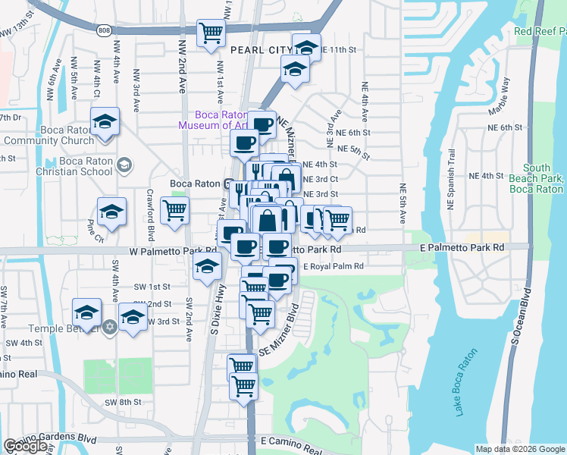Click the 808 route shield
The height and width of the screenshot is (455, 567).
[x=104, y=30]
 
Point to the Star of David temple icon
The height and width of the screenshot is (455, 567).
[x=108, y=327]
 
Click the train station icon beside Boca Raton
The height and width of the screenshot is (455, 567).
[x=227, y=184]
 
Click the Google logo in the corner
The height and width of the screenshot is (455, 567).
[x=25, y=447]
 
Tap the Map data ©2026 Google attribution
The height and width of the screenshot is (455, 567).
[x=520, y=449]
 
